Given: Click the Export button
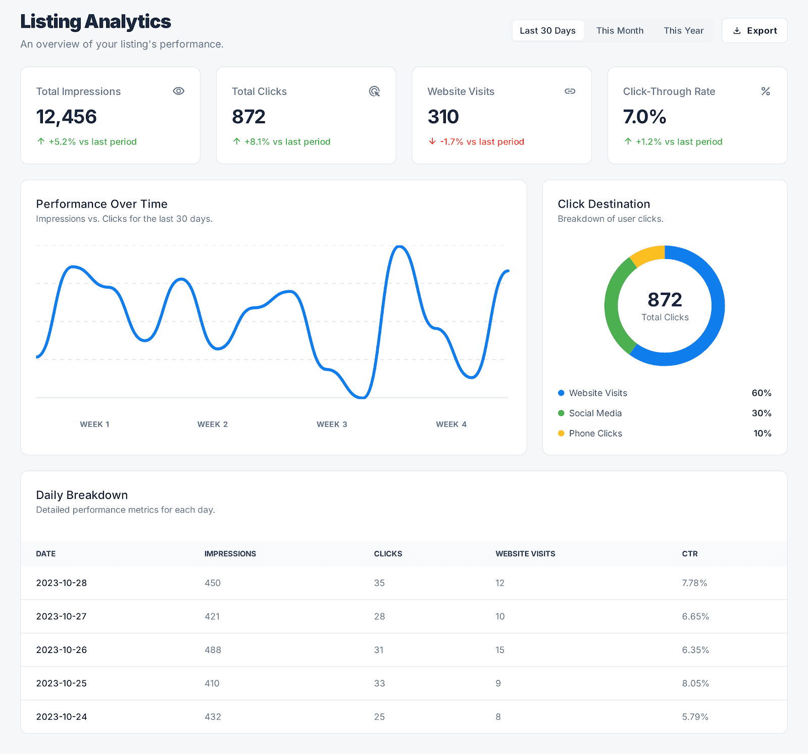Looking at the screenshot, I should click(x=754, y=31).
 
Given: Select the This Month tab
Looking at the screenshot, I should click(x=620, y=31).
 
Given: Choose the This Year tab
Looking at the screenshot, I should click(x=683, y=31).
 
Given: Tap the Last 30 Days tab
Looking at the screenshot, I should click(x=547, y=31).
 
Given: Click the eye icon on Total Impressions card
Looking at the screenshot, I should click(x=178, y=91).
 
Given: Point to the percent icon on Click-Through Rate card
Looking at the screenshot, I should click(x=766, y=91).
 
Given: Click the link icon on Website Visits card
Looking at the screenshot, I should click(x=570, y=91).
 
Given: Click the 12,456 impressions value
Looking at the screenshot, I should click(x=66, y=117).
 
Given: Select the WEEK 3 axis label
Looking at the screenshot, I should click(x=332, y=424).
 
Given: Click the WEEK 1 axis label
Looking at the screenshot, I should click(x=94, y=424).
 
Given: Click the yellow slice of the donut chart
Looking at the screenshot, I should click(x=646, y=255).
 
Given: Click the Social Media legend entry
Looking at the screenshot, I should click(x=595, y=413).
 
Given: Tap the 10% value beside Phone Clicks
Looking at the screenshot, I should click(x=762, y=433).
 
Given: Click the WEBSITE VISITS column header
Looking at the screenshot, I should click(x=525, y=554).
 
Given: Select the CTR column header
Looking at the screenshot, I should click(x=689, y=554).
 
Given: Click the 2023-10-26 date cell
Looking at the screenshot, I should click(x=62, y=650).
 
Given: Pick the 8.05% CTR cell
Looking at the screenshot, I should click(x=695, y=683).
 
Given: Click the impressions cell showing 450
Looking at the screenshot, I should click(x=213, y=583).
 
